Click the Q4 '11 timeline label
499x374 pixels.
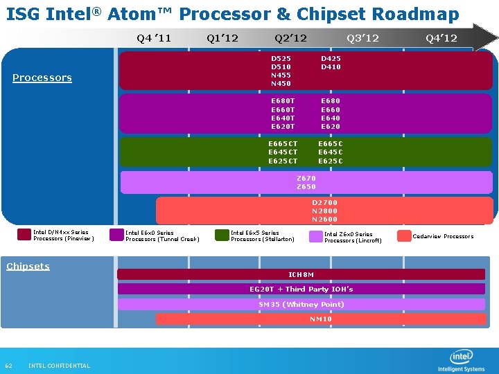154,37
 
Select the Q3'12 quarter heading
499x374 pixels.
362,37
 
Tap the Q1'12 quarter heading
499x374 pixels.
222,37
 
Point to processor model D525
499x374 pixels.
281,59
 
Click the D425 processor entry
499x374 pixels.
331,59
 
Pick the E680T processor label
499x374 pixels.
283,101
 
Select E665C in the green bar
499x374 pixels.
331,144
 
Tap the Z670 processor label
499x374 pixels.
306,178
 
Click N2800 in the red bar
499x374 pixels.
324,211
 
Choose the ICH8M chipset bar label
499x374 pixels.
301,274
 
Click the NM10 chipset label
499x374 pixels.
321,319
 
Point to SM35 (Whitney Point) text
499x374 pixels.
301,304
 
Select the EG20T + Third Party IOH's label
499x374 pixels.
301,289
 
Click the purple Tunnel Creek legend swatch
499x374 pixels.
116,235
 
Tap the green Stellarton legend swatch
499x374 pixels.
222,235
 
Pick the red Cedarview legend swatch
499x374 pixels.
403,236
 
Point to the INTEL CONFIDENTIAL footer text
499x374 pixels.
59,366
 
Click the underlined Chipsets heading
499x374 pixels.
28,266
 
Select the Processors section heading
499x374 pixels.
42,78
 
